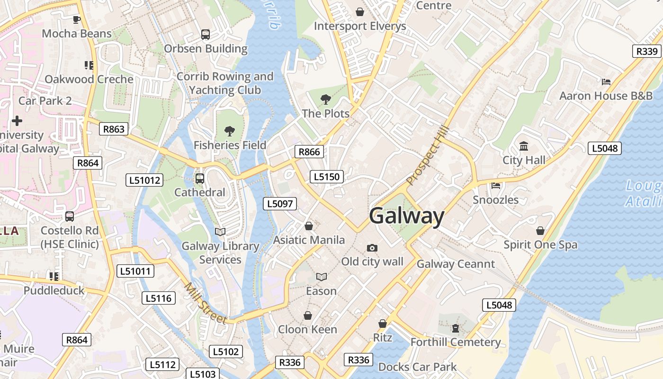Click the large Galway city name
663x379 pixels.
pyautogui.click(x=406, y=216)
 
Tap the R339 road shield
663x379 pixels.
pyautogui.click(x=646, y=51)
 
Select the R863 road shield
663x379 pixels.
pyautogui.click(x=114, y=129)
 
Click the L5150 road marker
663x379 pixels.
pyautogui.click(x=327, y=177)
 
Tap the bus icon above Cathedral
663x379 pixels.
pyautogui.click(x=200, y=179)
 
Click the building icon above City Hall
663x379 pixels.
pyautogui.click(x=524, y=146)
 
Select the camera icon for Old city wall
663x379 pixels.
pyautogui.click(x=372, y=248)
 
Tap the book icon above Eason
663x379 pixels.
pyautogui.click(x=322, y=277)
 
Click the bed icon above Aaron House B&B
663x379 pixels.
pyautogui.click(x=606, y=81)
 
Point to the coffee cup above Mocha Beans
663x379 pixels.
pyautogui.click(x=76, y=19)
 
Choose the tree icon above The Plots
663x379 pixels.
pyautogui.click(x=325, y=99)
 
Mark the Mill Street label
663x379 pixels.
pyautogui.click(x=206, y=303)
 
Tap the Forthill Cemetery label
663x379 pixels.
pyautogui.click(x=456, y=342)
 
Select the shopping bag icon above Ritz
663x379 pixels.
pyautogui.click(x=383, y=324)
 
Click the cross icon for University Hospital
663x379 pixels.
pyautogui.click(x=17, y=121)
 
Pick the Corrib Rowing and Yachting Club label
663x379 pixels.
pyautogui.click(x=225, y=83)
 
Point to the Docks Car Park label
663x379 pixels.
pyautogui.click(x=417, y=367)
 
